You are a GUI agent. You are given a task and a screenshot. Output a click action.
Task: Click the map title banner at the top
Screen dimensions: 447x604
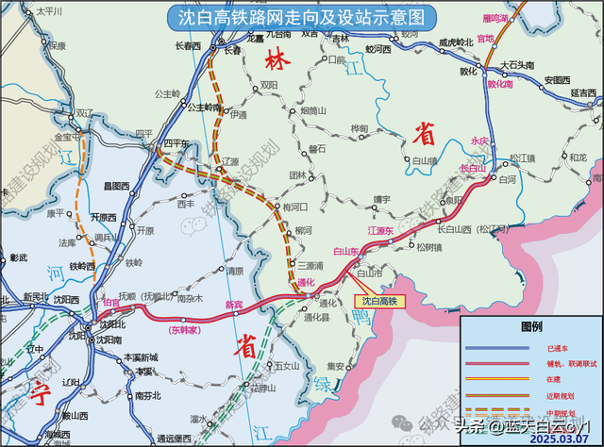click(x=301, y=17)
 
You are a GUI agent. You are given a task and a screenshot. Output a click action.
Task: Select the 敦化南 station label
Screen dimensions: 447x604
click(x=499, y=84)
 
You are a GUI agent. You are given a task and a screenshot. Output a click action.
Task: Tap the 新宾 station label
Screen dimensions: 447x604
click(x=234, y=304)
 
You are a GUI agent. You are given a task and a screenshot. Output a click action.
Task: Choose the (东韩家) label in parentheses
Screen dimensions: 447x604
click(x=186, y=330)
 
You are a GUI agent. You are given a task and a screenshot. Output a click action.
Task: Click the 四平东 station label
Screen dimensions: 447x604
click(x=176, y=143)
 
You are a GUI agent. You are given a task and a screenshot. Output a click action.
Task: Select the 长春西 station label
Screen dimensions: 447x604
click(x=190, y=44)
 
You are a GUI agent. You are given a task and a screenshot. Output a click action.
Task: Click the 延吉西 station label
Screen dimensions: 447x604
click(x=584, y=92)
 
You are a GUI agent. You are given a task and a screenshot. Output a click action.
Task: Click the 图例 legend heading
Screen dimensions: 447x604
click(x=531, y=327)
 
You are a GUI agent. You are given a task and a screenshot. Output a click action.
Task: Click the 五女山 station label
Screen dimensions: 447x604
click(x=286, y=365)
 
